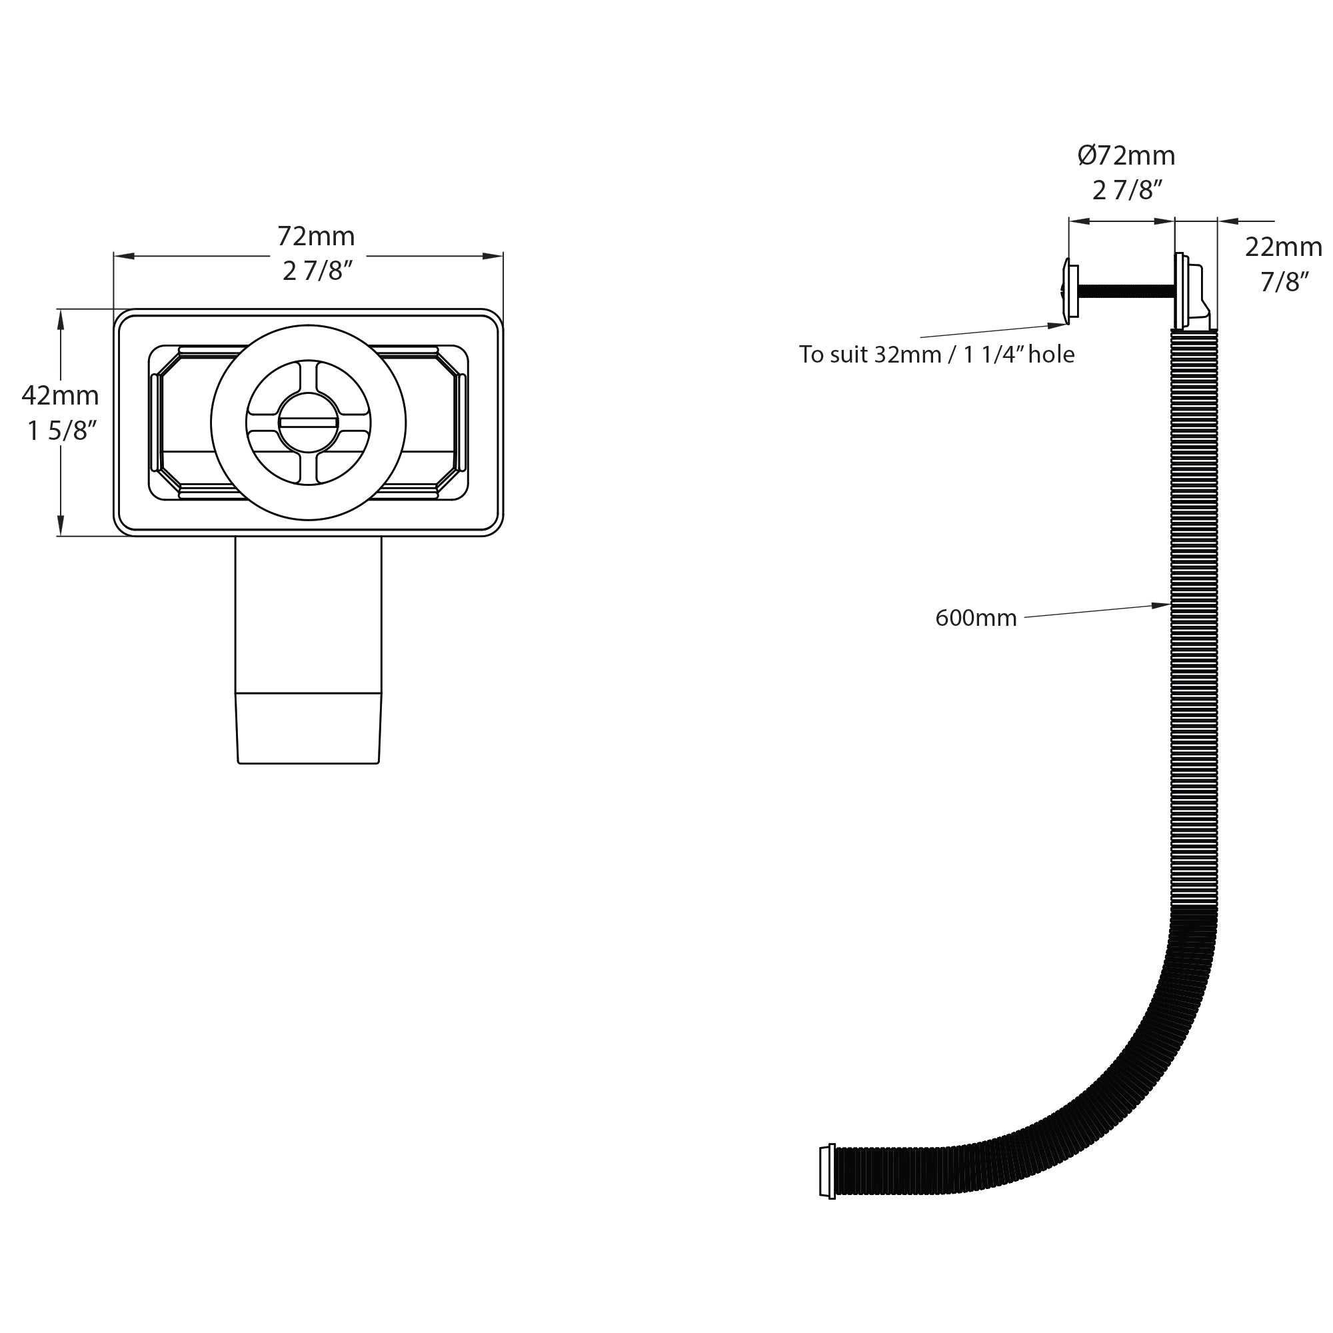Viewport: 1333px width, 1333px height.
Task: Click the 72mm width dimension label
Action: (316, 237)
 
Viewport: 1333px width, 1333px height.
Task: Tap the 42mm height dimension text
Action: (60, 395)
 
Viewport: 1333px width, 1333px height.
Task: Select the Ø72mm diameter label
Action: (1126, 156)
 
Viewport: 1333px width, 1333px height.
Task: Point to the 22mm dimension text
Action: (1282, 247)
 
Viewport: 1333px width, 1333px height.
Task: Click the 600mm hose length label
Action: (976, 618)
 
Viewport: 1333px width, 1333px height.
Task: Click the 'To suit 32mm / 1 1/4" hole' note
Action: (936, 354)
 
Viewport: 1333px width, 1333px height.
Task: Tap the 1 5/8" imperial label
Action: (61, 431)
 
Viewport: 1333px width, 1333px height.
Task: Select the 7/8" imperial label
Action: (1284, 281)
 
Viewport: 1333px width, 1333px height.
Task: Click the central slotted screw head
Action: (309, 423)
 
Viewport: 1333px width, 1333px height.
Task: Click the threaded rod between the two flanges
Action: (1124, 292)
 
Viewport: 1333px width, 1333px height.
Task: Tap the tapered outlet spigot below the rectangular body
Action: (309, 727)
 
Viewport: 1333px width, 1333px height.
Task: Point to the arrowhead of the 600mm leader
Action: (1164, 605)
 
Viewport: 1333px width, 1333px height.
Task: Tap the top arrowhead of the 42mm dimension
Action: (61, 317)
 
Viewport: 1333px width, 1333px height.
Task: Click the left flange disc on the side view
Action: (1072, 291)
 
